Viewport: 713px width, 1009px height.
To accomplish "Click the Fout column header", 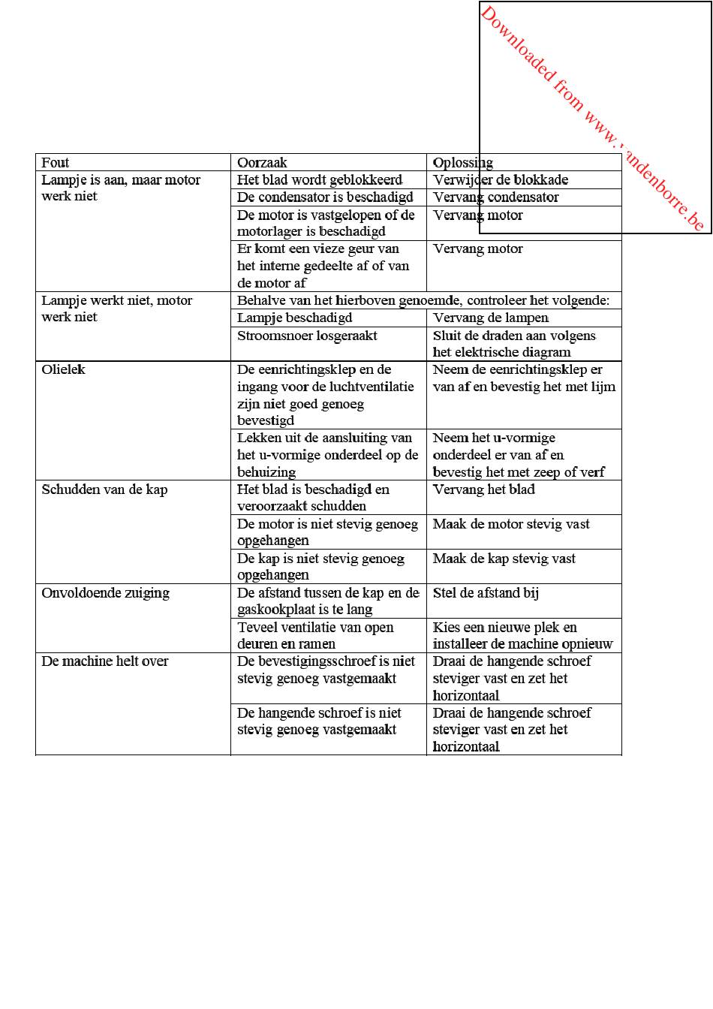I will point(56,163).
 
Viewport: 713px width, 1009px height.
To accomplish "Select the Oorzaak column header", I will point(262,163).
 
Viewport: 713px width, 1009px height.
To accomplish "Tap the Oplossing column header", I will point(462,163).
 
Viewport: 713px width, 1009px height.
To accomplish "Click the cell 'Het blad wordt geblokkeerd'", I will point(320,180).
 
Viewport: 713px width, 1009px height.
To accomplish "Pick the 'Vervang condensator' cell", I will point(495,197).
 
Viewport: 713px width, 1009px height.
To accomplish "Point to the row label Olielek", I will point(64,369).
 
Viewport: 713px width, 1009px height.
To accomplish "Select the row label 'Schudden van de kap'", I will point(104,489).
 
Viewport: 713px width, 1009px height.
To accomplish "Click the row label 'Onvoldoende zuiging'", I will point(105,593).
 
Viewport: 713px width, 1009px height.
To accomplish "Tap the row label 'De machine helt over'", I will point(105,661).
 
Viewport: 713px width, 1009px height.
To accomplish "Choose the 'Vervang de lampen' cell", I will point(490,318).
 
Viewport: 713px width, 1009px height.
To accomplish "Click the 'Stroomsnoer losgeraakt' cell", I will point(307,336).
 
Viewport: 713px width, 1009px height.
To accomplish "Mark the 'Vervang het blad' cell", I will point(483,489).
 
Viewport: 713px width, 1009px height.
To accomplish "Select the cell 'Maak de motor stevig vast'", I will point(511,524).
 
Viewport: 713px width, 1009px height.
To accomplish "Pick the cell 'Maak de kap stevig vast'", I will point(504,559).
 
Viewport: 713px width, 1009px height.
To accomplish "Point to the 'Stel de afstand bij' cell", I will point(486,593).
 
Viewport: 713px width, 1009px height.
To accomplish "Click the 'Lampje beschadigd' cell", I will point(294,318).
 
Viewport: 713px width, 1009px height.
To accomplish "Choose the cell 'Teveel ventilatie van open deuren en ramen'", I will point(315,635).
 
